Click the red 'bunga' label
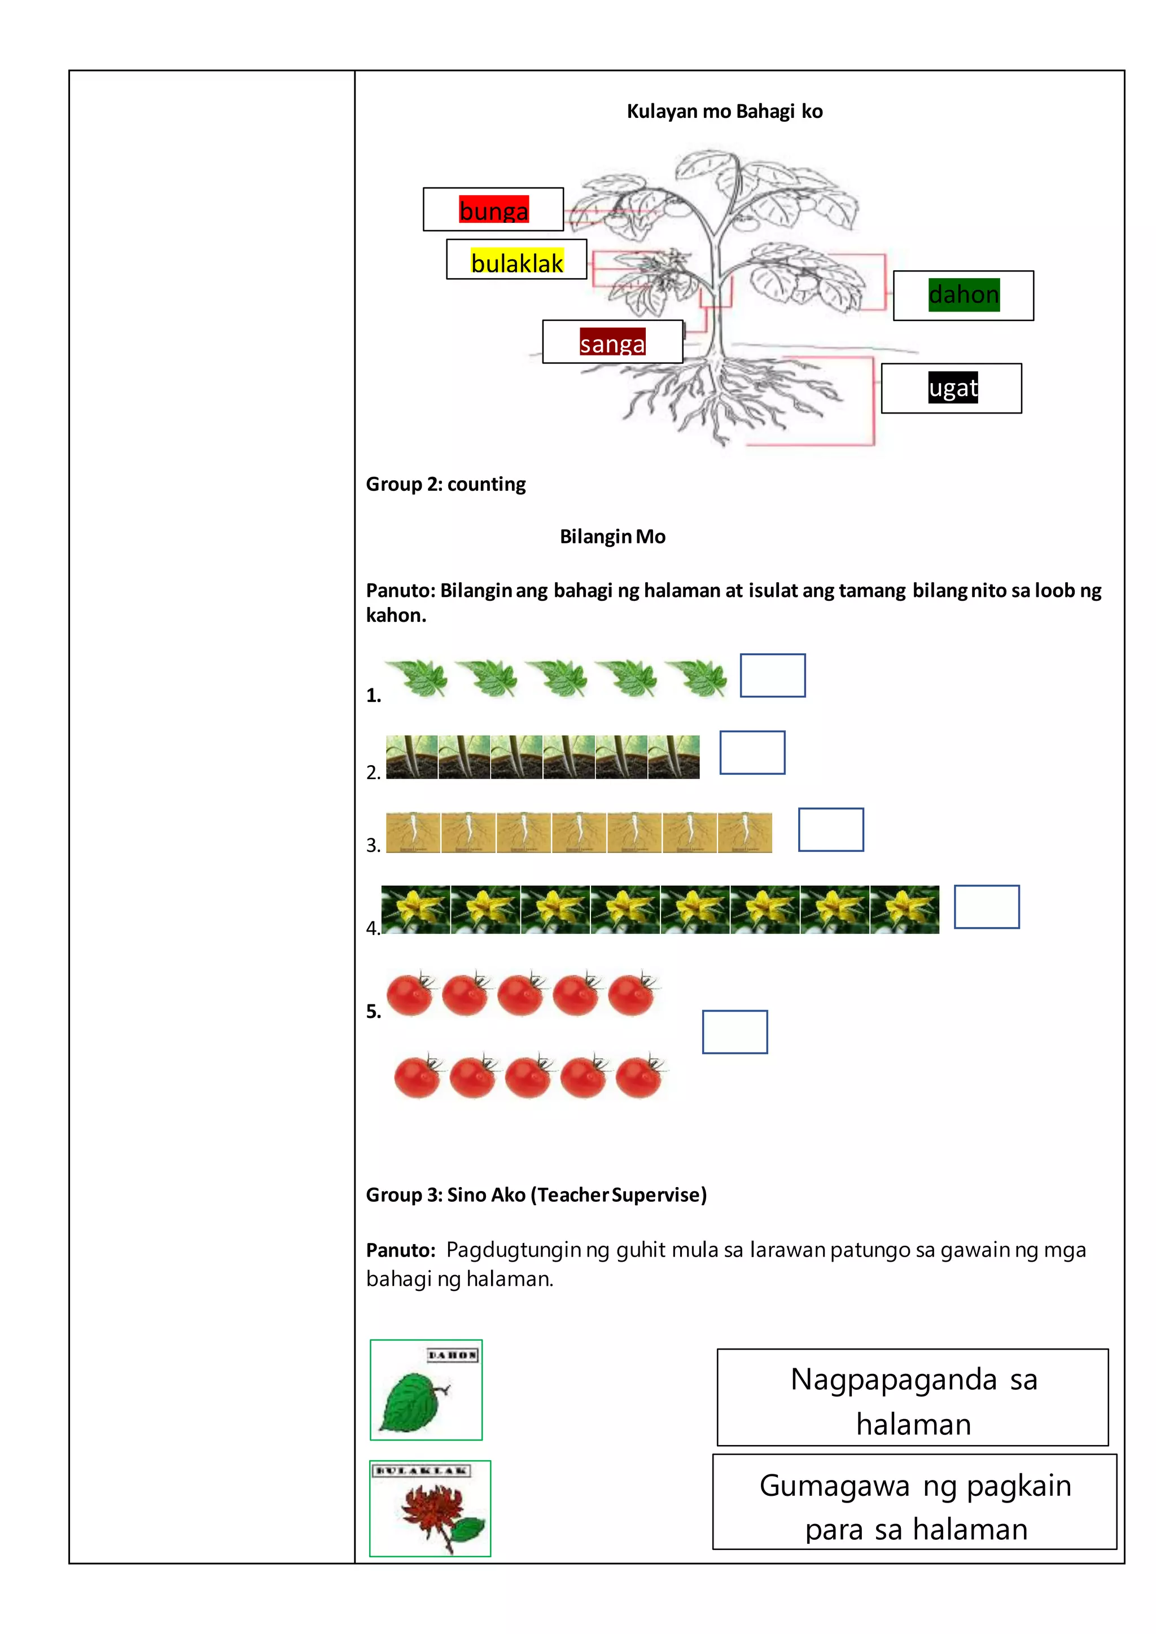point(493,210)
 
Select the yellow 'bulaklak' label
point(517,262)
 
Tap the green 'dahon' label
point(964,295)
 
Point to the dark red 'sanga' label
point(612,343)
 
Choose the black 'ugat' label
point(952,388)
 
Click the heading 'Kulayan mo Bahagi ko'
point(725,112)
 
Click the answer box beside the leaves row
point(772,675)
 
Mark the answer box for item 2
point(752,752)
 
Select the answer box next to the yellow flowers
point(987,907)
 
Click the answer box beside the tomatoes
point(734,1032)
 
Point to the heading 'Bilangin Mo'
point(612,537)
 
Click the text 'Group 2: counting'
point(445,485)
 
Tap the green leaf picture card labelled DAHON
point(426,1390)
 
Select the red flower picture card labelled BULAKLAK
point(430,1509)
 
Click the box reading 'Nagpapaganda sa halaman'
point(913,1397)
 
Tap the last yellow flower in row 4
point(904,910)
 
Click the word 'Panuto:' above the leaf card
point(400,1250)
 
